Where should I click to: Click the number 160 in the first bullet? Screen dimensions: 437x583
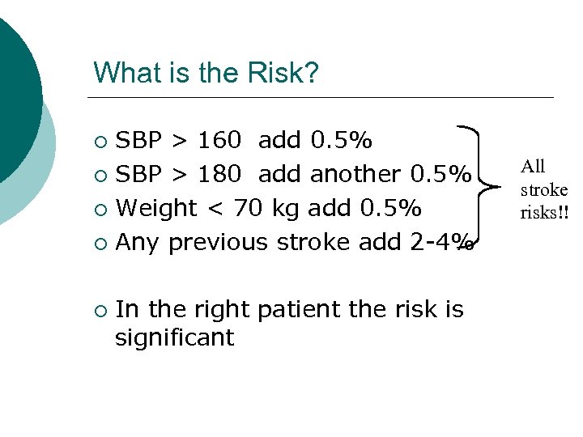[219, 141]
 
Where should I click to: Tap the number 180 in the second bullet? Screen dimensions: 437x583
[219, 175]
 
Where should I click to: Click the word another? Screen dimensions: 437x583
[355, 175]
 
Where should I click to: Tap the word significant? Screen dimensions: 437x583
[174, 337]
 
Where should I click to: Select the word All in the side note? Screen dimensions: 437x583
[533, 167]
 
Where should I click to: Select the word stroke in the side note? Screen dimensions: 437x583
[543, 190]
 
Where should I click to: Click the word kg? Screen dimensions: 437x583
[284, 209]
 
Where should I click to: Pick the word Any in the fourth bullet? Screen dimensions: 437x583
[139, 242]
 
